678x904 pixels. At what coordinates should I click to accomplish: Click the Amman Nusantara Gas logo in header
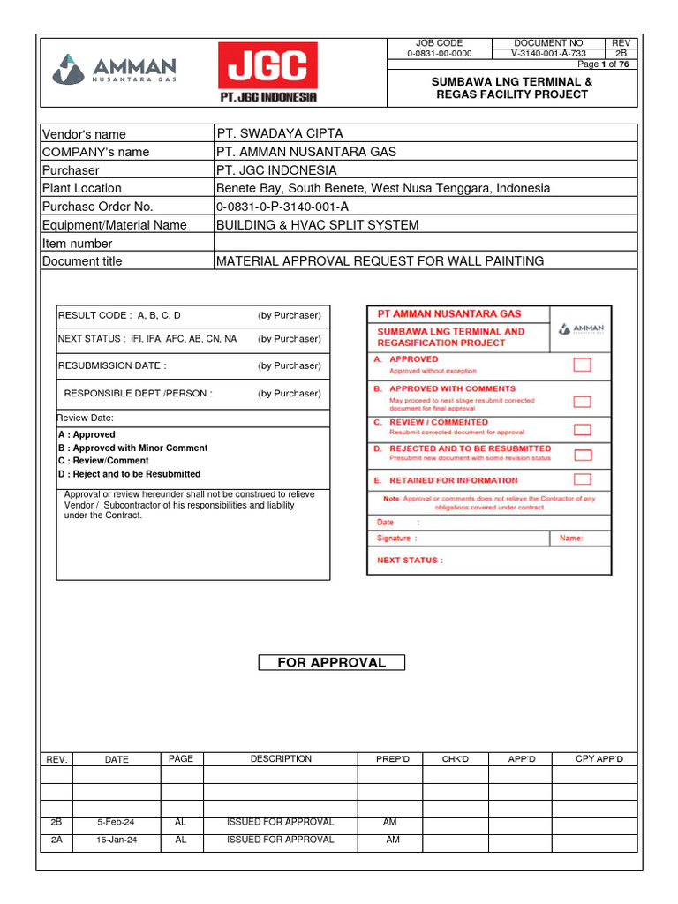[x=115, y=70]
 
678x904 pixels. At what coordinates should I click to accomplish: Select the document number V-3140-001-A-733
[x=548, y=53]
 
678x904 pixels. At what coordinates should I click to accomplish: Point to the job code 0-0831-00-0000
[x=439, y=53]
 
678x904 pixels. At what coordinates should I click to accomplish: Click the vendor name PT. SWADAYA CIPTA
[x=280, y=133]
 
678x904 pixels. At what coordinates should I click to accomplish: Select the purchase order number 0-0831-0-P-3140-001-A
[x=288, y=207]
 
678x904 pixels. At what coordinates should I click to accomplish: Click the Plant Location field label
[x=82, y=188]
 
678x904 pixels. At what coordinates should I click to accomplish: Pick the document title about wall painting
[x=380, y=260]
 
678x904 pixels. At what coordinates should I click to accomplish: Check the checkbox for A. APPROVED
[x=582, y=365]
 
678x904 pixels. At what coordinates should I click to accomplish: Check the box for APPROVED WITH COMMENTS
[x=582, y=401]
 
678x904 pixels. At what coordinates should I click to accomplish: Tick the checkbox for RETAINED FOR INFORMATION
[x=582, y=479]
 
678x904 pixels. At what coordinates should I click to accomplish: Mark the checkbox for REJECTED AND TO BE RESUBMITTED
[x=582, y=455]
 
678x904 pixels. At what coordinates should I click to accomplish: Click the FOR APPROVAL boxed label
[x=331, y=663]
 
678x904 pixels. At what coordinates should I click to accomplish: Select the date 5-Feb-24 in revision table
[x=116, y=822]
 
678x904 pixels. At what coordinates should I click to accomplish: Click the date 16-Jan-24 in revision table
[x=116, y=840]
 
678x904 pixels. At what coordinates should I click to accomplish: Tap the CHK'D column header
[x=455, y=759]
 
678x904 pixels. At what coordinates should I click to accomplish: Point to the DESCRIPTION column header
[x=281, y=759]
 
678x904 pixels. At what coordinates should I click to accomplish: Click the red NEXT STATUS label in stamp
[x=410, y=560]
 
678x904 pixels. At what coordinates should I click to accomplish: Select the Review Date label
[x=86, y=418]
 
